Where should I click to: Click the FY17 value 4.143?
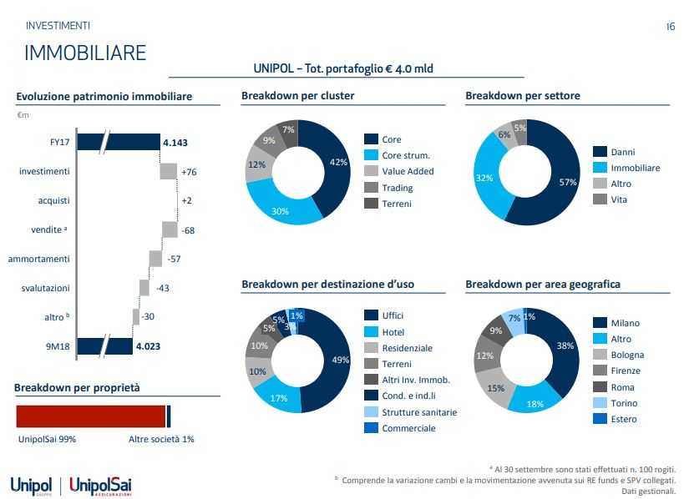point(175,143)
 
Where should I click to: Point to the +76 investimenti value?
point(189,172)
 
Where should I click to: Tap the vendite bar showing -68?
point(170,229)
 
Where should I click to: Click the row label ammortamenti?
point(39,259)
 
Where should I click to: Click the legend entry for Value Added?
point(408,171)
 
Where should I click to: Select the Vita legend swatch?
point(600,199)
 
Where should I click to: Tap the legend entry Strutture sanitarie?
point(419,412)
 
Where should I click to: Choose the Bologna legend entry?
point(627,355)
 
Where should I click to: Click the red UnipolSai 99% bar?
point(91,416)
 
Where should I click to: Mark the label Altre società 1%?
point(161,439)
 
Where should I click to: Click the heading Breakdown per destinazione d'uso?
point(327,285)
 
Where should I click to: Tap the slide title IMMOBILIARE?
point(85,53)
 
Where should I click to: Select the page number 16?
point(670,27)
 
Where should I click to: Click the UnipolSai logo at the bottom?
point(101,485)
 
